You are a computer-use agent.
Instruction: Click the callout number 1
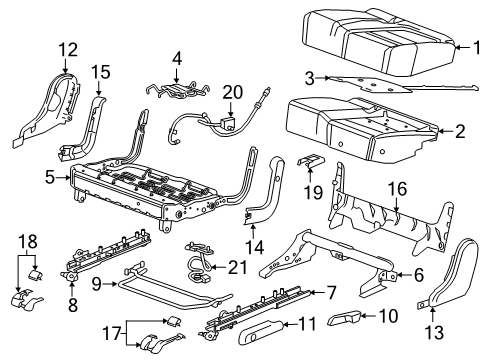coord(476,44)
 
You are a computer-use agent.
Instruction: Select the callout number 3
coord(310,77)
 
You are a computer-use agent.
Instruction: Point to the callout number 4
coord(177,59)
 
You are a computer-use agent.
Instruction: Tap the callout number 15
coord(99,72)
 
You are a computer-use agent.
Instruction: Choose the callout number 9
coord(96,285)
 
